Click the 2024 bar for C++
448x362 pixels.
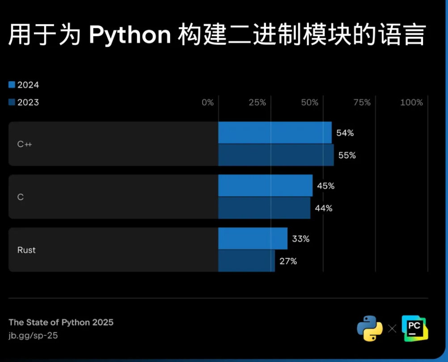pyautogui.click(x=275, y=133)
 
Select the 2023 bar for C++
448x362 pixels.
pyautogui.click(x=275, y=155)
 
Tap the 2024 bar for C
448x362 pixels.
pyautogui.click(x=265, y=185)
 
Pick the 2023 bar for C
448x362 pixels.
pyautogui.click(x=264, y=208)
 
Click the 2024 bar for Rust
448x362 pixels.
pyautogui.click(x=253, y=239)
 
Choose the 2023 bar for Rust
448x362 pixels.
pyautogui.click(x=246, y=261)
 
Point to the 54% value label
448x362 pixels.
pyautogui.click(x=345, y=133)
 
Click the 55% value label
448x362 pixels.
pyautogui.click(x=347, y=155)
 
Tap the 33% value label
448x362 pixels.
pyautogui.click(x=300, y=239)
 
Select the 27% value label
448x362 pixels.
pyautogui.click(x=288, y=261)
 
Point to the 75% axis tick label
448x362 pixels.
pyautogui.click(x=362, y=102)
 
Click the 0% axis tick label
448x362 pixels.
pyautogui.click(x=207, y=102)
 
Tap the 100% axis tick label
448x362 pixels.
pyautogui.click(x=411, y=102)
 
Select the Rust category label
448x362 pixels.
pyautogui.click(x=26, y=250)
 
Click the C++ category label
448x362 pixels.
pyautogui.click(x=25, y=144)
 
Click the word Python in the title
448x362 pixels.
pyautogui.click(x=130, y=35)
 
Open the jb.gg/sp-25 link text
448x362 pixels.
pyautogui.click(x=33, y=335)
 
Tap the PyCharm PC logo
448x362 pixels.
pyautogui.click(x=414, y=328)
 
